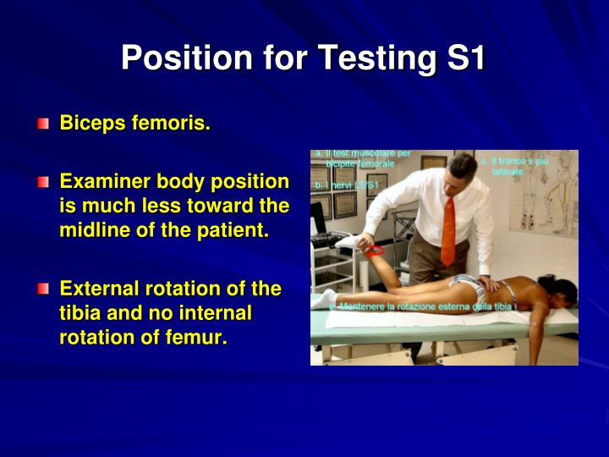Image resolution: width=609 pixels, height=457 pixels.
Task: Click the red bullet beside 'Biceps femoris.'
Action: coord(42,124)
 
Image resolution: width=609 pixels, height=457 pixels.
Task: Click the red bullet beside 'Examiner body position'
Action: coord(42,182)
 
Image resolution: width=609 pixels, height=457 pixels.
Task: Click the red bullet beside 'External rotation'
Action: coord(42,289)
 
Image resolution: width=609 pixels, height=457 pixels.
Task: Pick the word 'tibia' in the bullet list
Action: coord(81,313)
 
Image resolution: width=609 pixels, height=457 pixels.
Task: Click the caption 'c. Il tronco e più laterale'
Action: coord(513,166)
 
